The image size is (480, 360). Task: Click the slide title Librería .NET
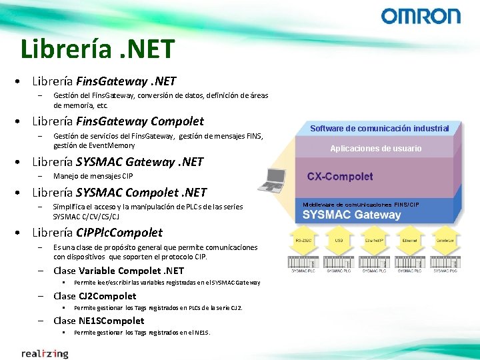coord(97,49)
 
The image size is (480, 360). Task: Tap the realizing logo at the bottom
coord(45,353)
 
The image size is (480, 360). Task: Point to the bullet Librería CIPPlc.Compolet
coord(97,233)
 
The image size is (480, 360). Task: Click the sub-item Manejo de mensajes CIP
coord(93,177)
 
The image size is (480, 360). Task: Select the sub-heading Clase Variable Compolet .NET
coord(118,271)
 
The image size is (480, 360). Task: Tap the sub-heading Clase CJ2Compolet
coord(95,296)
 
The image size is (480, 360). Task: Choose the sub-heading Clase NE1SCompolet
coord(99,321)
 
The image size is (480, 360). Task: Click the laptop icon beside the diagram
coord(275,178)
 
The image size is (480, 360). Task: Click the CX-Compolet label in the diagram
coord(339,177)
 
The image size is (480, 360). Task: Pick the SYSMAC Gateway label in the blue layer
coord(351,215)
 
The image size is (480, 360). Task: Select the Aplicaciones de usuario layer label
coord(375,149)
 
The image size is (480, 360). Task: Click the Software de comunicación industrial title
coord(379,128)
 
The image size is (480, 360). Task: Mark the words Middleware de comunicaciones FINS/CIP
coord(361,204)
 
